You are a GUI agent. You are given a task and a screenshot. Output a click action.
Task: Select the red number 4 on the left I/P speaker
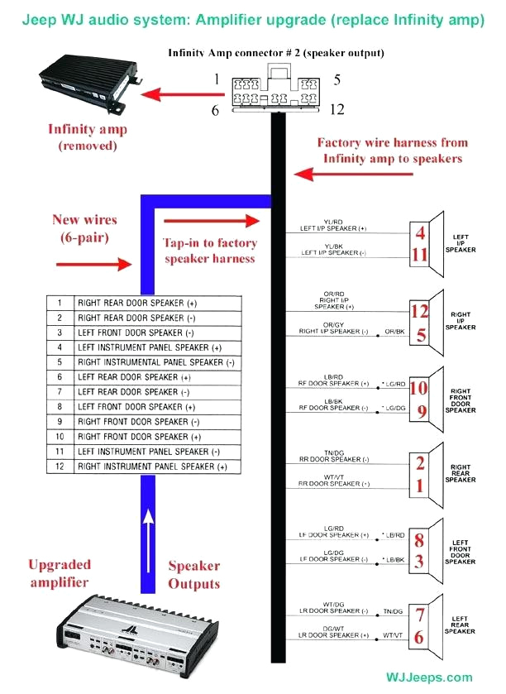(x=420, y=232)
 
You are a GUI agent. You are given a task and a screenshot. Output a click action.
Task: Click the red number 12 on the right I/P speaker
(x=420, y=312)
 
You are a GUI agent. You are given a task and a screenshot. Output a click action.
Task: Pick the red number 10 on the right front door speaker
(x=419, y=387)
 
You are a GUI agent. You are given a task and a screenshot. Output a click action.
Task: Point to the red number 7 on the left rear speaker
(x=420, y=615)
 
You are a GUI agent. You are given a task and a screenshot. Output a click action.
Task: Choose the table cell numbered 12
(x=60, y=467)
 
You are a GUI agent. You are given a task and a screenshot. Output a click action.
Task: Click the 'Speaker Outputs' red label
(x=194, y=575)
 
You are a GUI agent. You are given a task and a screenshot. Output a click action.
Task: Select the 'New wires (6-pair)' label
(x=84, y=227)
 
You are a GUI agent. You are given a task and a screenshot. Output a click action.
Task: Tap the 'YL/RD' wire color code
(x=334, y=223)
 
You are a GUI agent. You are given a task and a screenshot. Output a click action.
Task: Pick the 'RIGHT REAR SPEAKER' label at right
(x=461, y=473)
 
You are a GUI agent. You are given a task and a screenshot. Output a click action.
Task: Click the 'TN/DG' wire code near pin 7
(x=394, y=613)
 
